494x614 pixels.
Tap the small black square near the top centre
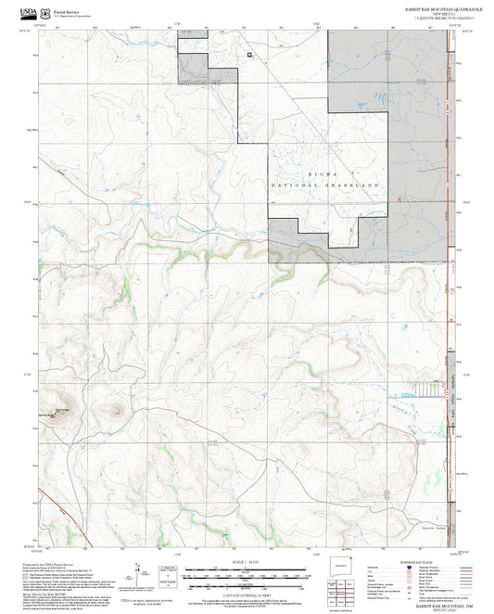pyautogui.click(x=249, y=54)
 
